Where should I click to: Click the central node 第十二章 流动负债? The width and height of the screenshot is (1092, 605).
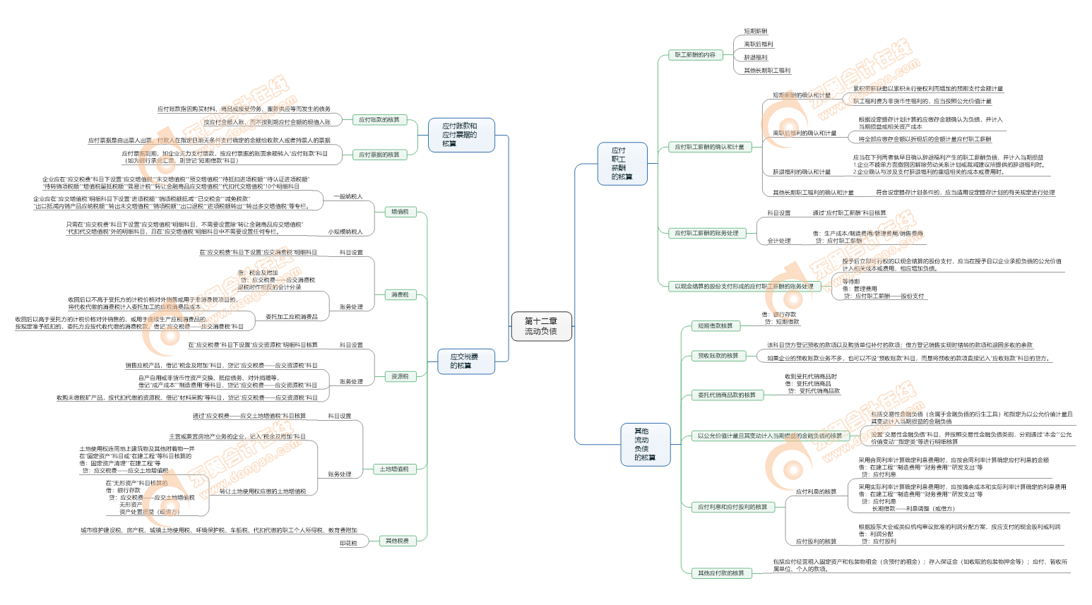[540, 326]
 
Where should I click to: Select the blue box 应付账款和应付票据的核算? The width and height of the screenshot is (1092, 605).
[460, 135]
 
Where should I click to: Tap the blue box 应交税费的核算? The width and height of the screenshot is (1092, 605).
[464, 361]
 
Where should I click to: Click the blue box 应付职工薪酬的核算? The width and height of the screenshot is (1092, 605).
[622, 164]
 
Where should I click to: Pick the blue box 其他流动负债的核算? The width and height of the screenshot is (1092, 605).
[644, 444]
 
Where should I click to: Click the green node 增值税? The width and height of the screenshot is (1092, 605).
[400, 212]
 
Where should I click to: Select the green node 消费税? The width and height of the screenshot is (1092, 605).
[400, 294]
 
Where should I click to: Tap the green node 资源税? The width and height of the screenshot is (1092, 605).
[400, 376]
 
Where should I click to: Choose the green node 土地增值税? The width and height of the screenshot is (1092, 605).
[394, 469]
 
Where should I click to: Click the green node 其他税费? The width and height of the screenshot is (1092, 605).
[397, 541]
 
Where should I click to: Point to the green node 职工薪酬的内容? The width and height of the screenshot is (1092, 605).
[695, 54]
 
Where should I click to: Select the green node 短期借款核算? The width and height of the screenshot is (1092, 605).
[716, 325]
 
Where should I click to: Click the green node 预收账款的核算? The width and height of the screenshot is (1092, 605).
[718, 356]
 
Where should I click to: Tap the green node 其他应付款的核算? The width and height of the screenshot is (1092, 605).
[721, 573]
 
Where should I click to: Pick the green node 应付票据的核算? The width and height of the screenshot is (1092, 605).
[379, 155]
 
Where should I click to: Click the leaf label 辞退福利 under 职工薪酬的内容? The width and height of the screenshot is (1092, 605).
[755, 58]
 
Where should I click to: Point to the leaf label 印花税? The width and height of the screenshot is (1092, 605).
[348, 543]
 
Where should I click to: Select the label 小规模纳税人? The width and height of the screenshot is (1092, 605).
[345, 232]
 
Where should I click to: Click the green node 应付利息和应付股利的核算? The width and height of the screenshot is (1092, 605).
[732, 507]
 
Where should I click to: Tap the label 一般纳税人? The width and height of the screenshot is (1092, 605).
[348, 196]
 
